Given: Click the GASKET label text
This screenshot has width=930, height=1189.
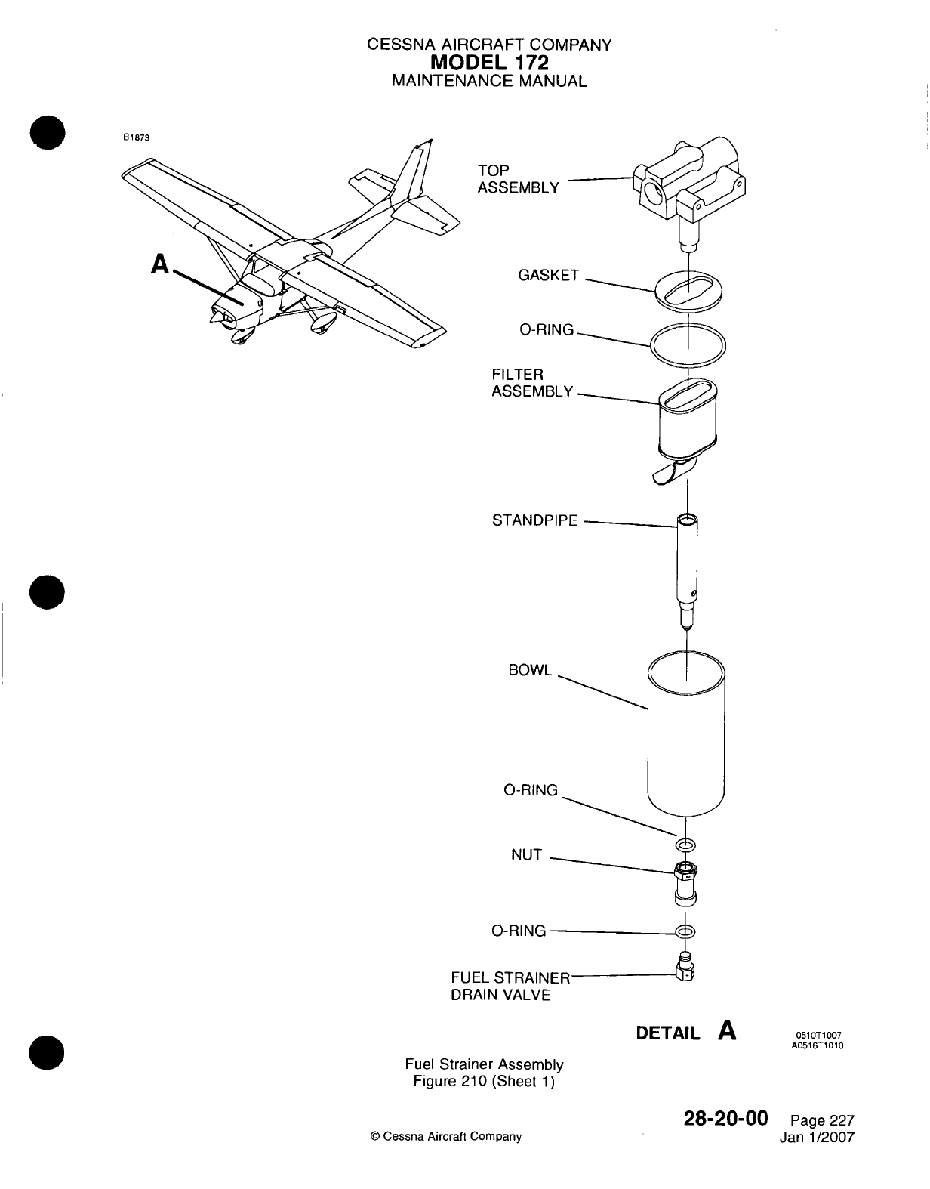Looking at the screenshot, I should point(548,276).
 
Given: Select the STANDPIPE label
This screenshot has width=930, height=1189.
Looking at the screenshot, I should point(534,520).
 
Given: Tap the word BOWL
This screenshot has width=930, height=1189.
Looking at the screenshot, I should point(531,670).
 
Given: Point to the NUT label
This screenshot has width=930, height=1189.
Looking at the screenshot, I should point(526,854).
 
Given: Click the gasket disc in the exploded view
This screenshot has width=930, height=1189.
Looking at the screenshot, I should point(687,291).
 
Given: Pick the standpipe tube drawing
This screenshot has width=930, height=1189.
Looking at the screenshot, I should point(687,567).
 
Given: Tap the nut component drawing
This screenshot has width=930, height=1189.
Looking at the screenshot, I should point(685,882).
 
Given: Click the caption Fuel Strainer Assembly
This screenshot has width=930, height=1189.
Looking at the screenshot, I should point(484,1064).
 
